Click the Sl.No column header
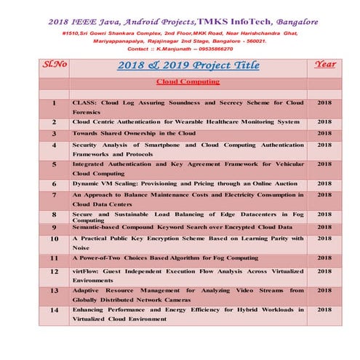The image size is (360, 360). [x=56, y=64]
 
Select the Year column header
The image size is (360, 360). [x=324, y=64]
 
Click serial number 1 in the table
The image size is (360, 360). [x=54, y=104]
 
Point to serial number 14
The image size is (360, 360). [x=54, y=310]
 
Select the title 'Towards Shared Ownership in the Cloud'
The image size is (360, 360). [x=134, y=134]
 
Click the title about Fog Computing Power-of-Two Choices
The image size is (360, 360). [x=165, y=257]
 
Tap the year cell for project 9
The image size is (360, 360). [x=324, y=227]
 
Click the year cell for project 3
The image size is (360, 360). [x=324, y=134]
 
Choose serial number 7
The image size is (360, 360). [x=54, y=196]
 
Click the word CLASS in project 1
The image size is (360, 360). [x=86, y=103]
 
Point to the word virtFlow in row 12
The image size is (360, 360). [x=88, y=271]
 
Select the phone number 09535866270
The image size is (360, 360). [x=223, y=49]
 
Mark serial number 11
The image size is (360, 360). [x=54, y=257]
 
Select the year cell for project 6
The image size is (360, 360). [x=324, y=185]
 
